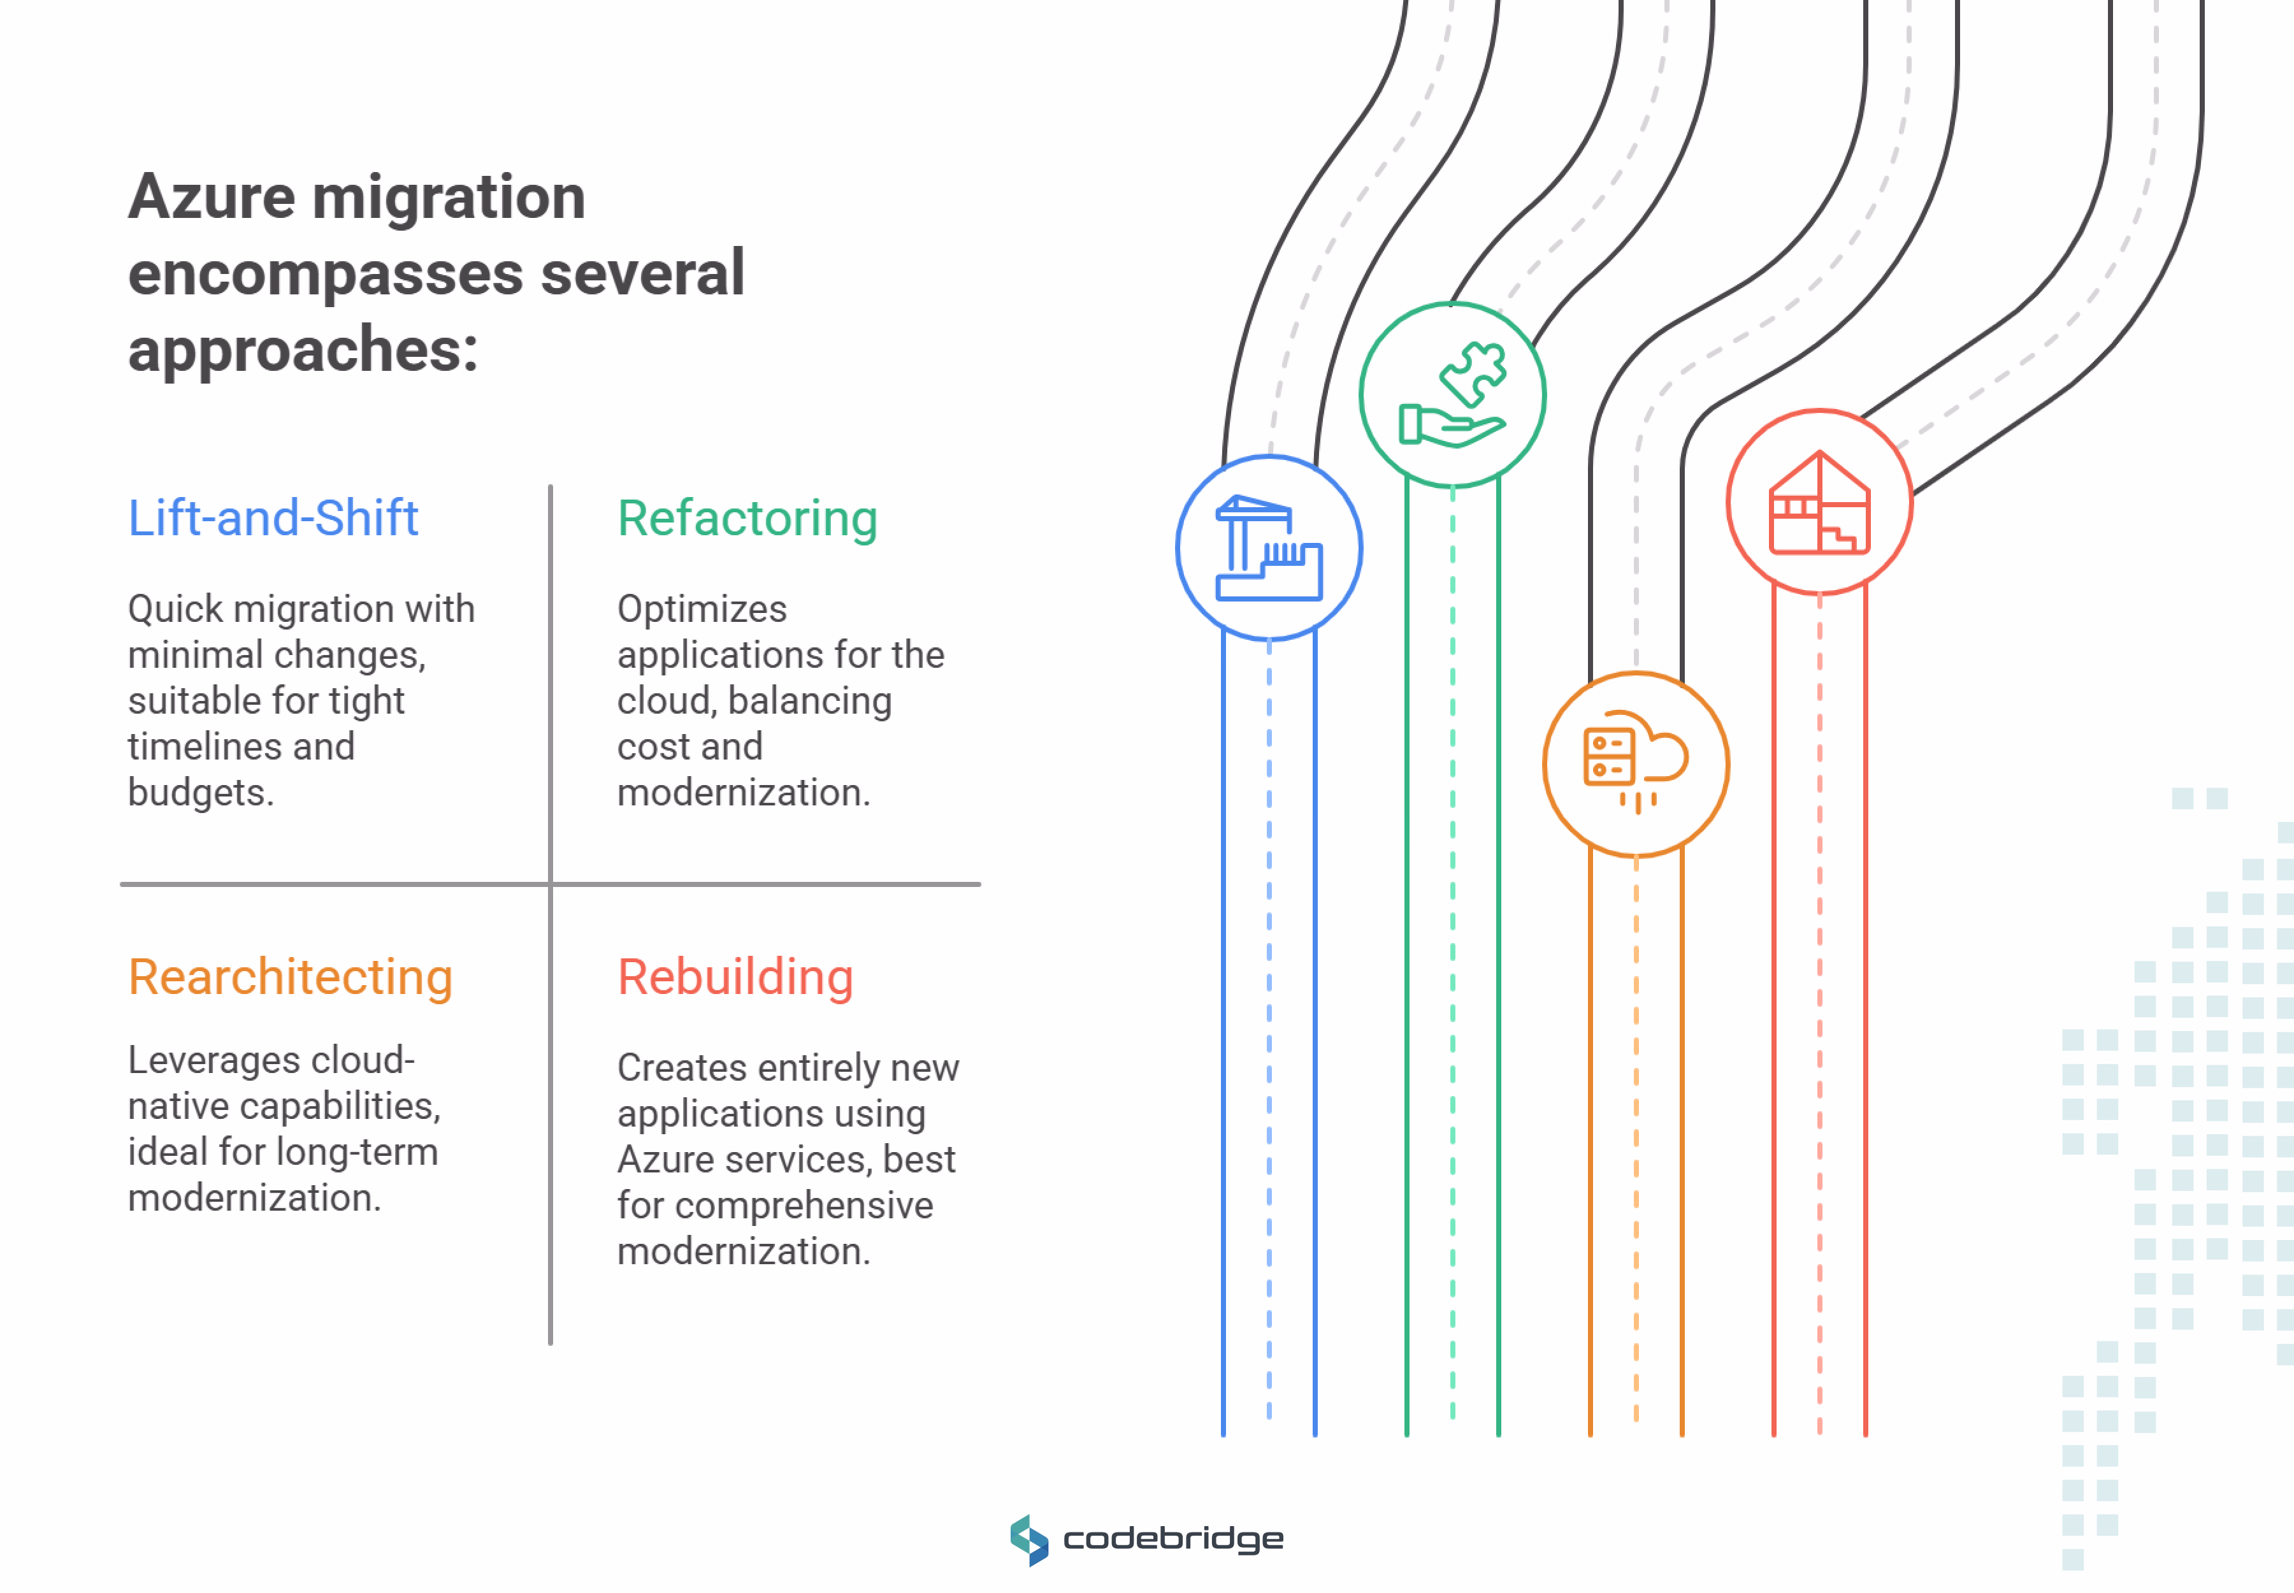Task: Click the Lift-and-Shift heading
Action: [x=273, y=518]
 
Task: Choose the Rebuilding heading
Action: [x=735, y=977]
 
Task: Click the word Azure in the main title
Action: [x=211, y=197]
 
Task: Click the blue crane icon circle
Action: [x=1268, y=548]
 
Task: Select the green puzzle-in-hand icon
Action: [x=1452, y=395]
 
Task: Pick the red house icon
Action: [x=1819, y=502]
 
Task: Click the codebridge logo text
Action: [x=1173, y=1538]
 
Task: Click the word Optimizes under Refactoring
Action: [x=702, y=609]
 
